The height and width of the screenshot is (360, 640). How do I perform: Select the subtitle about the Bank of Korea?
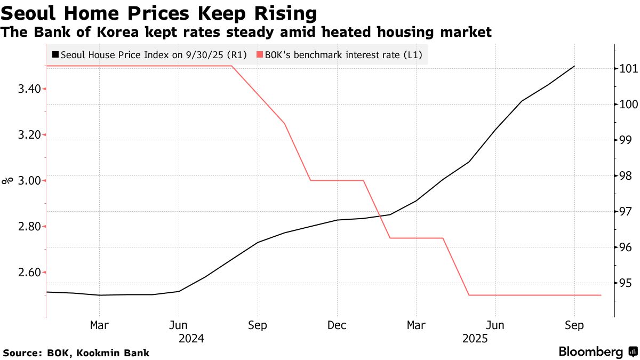(x=246, y=33)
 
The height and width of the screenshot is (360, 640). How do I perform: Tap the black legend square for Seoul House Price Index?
(x=55, y=54)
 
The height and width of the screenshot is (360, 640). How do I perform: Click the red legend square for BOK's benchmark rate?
(x=260, y=54)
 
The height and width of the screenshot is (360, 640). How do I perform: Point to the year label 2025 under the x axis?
(x=475, y=338)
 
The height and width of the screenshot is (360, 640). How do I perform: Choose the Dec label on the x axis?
(x=337, y=325)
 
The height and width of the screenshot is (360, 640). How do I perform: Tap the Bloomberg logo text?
(x=590, y=352)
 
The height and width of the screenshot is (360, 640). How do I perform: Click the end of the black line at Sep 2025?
(x=574, y=66)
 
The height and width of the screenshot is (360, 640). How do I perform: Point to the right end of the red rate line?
(x=601, y=295)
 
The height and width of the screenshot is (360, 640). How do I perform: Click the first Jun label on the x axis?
(x=179, y=325)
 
